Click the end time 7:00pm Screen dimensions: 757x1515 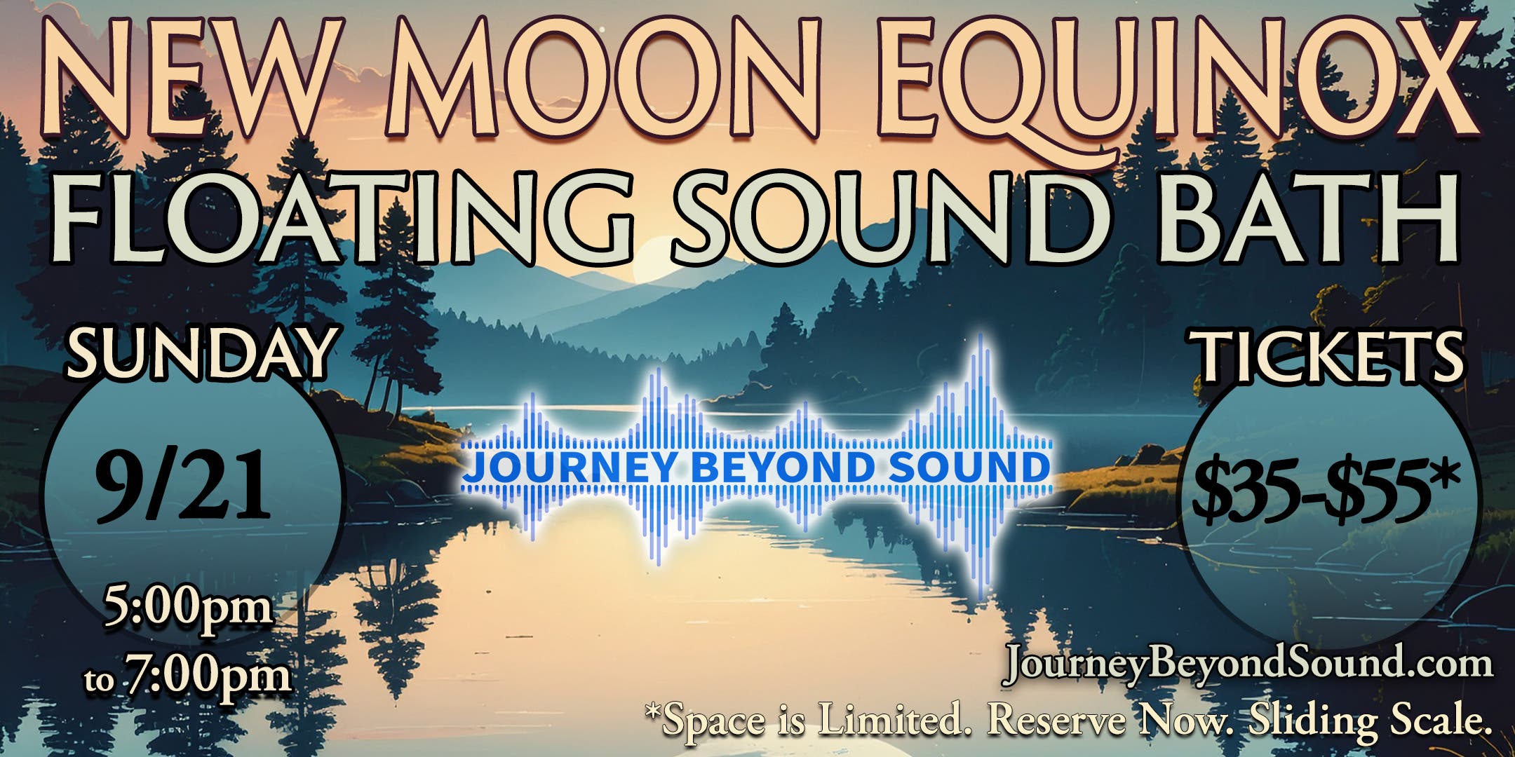pos(207,676)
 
